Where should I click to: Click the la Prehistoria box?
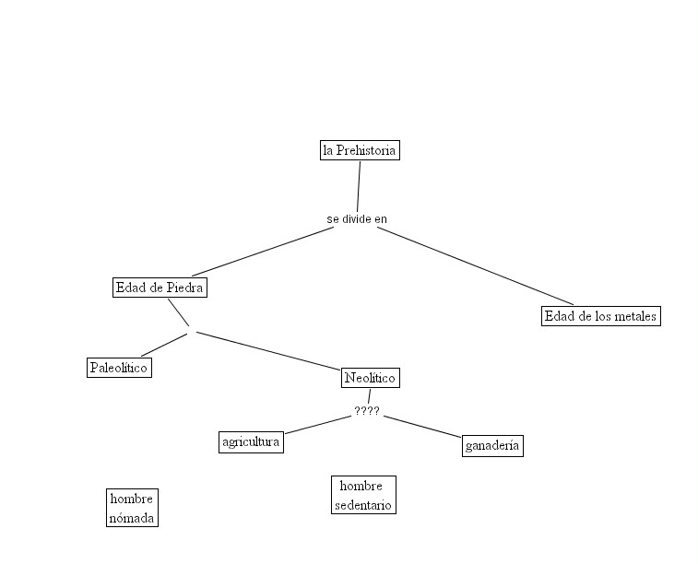tap(360, 150)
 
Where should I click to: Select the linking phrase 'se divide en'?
tap(357, 219)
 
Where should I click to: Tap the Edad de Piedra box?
tap(160, 288)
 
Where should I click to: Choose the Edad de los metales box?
tap(600, 316)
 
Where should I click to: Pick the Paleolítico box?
tap(119, 368)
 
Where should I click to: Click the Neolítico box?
tap(370, 378)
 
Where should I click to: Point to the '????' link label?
tap(367, 412)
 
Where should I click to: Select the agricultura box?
tap(251, 442)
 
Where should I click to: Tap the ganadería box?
tap(492, 446)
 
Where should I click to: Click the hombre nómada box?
tap(132, 508)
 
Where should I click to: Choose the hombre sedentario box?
tap(363, 495)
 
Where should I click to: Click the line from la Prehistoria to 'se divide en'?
tap(359, 186)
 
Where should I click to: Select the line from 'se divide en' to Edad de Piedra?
tap(263, 251)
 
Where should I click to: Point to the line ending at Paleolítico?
tap(164, 345)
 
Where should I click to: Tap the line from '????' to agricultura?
tap(318, 425)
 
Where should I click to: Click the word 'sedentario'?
tap(363, 505)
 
